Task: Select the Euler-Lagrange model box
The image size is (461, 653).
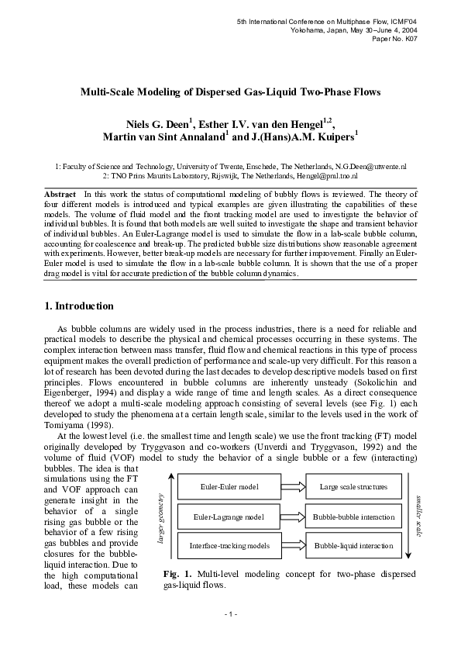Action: coord(229,517)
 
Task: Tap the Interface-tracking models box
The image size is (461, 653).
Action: coord(229,545)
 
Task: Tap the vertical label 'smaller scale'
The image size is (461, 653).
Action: coord(419,516)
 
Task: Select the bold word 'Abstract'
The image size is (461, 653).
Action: coord(59,192)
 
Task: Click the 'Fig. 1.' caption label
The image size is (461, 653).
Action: coord(177,574)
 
